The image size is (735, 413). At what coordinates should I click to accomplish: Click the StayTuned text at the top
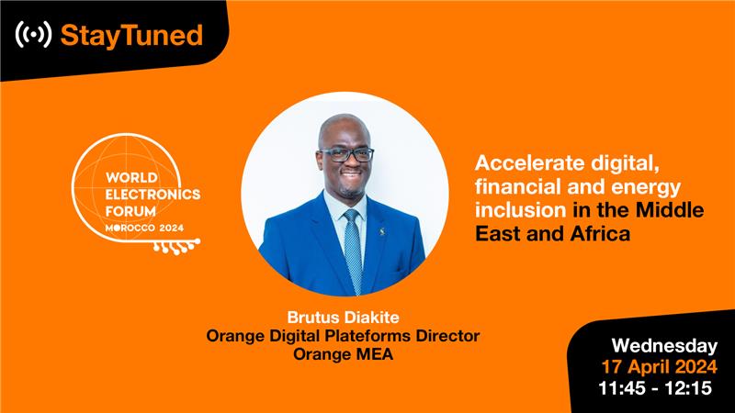pyautogui.click(x=130, y=36)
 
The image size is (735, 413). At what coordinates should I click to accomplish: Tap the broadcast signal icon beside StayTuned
pyautogui.click(x=33, y=36)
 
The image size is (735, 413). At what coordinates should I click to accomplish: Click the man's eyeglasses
pyautogui.click(x=345, y=155)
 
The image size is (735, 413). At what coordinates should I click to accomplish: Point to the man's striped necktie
pyautogui.click(x=352, y=248)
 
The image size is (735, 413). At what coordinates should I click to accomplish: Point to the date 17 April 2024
pyautogui.click(x=658, y=367)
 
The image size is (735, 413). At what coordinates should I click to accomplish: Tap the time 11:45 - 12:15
pyautogui.click(x=655, y=388)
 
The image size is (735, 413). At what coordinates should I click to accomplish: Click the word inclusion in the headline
pyautogui.click(x=518, y=211)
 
